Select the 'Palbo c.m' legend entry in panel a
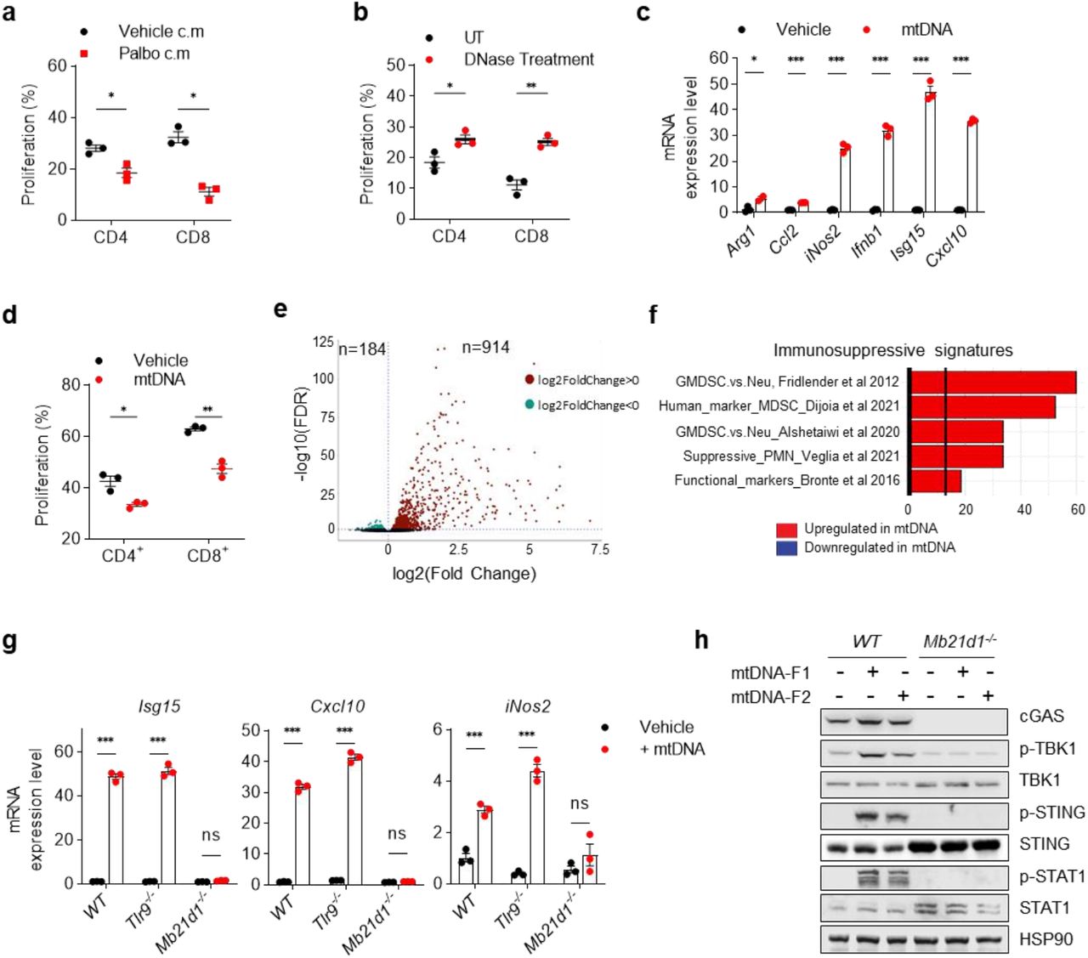pos(154,53)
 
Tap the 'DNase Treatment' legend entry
pos(528,60)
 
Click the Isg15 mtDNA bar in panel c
pos(930,153)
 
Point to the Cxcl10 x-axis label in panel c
pos(946,245)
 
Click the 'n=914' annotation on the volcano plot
pos(485,347)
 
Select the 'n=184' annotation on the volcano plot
pos(362,349)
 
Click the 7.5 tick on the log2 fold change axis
pos(599,549)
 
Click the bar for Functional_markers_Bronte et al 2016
pos(935,480)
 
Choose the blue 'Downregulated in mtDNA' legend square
pos(786,548)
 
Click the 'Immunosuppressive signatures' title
pos(892,350)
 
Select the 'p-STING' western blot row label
pos(1051,813)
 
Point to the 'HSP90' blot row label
pos(1045,939)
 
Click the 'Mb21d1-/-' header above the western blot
pos(958,642)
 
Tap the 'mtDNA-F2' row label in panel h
pos(770,697)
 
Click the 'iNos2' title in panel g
pos(527,706)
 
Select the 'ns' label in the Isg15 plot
pos(211,835)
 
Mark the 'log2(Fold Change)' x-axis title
pos(464,574)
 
